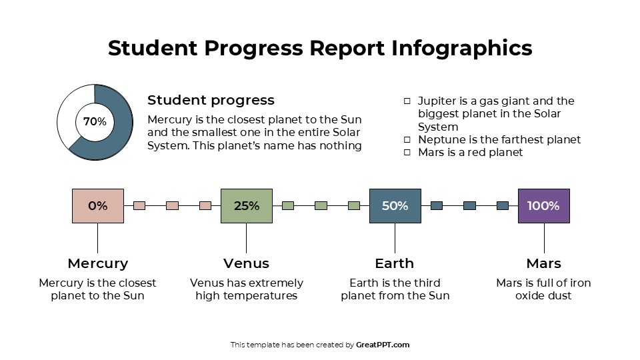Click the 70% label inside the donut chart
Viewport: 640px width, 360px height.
95,122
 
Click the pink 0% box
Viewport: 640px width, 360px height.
98,205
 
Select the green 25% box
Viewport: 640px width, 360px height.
247,205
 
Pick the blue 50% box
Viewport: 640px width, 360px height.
395,205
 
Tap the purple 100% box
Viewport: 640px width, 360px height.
543,205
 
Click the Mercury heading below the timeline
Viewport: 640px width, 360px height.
98,263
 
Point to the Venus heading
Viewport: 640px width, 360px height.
247,263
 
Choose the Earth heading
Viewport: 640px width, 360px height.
395,263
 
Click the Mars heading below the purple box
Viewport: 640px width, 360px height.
543,263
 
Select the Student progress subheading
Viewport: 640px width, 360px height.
211,100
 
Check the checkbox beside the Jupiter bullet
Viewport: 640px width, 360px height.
407,101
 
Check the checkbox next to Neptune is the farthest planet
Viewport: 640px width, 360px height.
407,140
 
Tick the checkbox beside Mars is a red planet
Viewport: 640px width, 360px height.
407,153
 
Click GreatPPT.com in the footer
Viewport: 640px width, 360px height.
383,345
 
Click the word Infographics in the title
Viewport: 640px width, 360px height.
461,48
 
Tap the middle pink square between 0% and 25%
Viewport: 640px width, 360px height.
172,205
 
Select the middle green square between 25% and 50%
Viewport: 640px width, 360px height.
321,205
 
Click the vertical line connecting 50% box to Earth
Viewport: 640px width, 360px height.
395,238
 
